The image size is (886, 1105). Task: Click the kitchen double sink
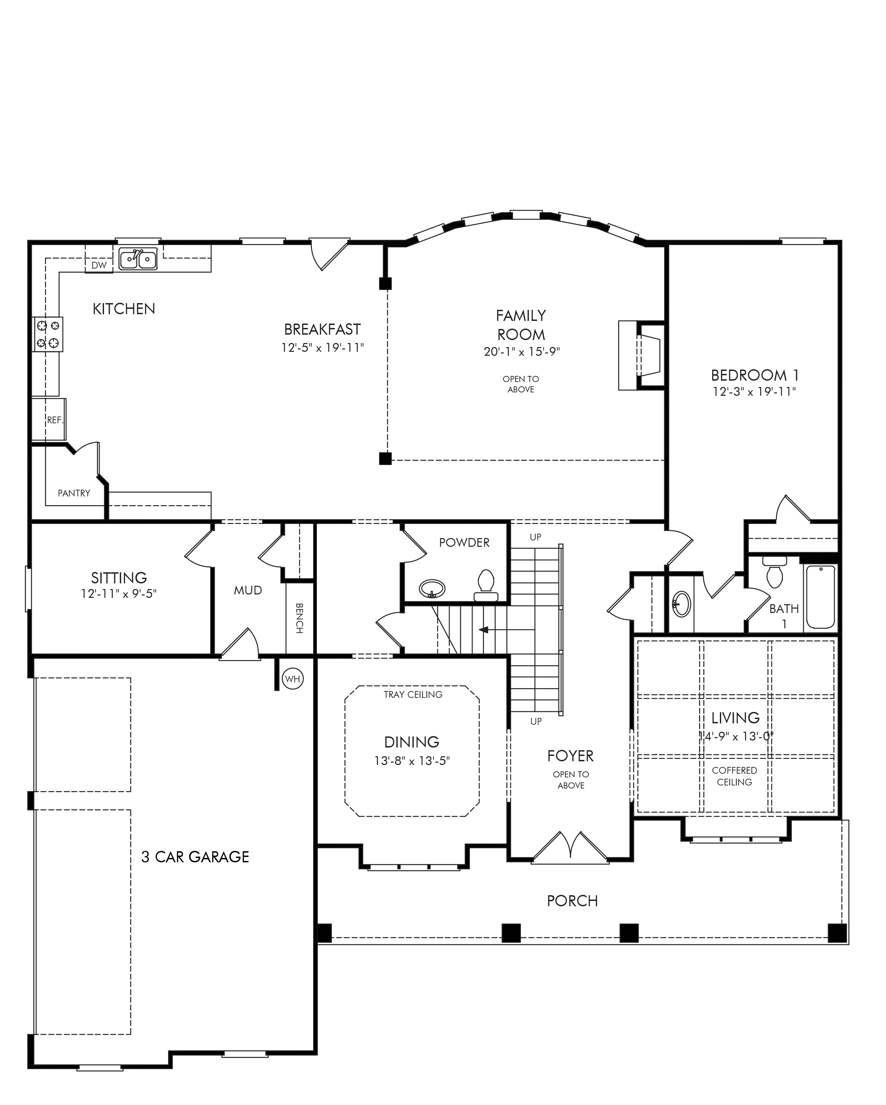point(138,259)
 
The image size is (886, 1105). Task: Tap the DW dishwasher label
point(99,265)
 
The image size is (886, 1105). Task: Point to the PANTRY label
point(74,493)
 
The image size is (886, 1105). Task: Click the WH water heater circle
point(293,679)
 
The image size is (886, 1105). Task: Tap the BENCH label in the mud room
point(299,618)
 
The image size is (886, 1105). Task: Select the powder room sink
point(432,589)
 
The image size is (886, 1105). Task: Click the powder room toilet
point(486,585)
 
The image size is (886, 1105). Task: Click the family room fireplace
point(642,356)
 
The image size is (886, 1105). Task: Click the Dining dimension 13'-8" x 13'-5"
point(412,761)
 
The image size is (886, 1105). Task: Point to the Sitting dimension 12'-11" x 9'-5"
point(118,593)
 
